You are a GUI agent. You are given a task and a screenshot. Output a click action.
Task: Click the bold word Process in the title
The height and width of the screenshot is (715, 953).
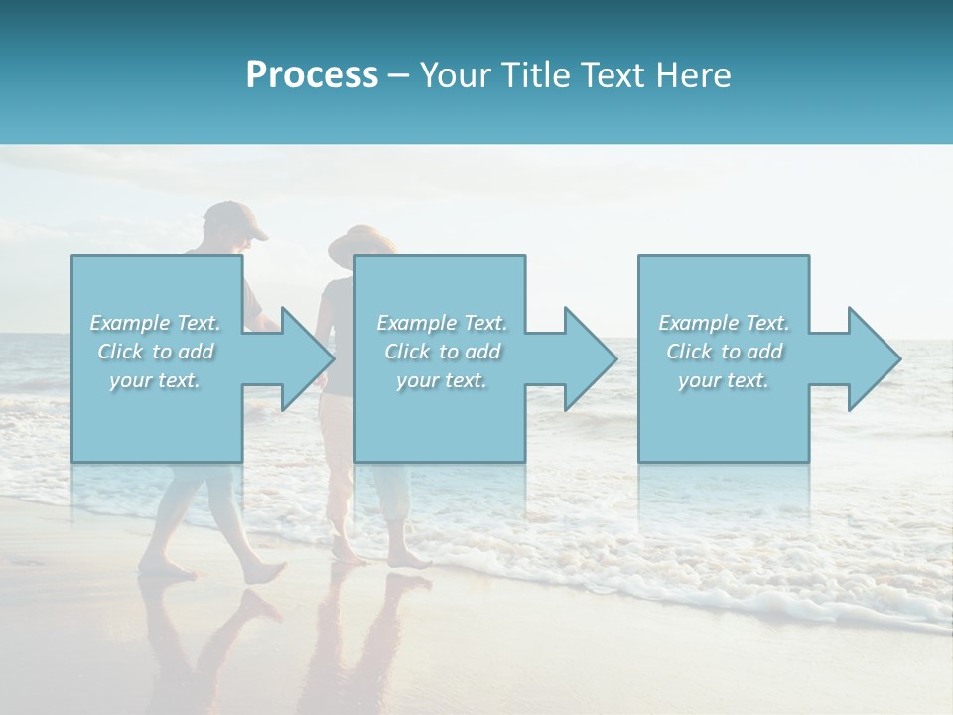tap(312, 75)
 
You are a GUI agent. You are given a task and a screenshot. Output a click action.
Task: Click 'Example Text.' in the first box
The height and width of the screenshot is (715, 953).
tap(156, 323)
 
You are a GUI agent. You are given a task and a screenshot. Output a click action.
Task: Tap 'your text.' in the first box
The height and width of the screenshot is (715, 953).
tap(156, 380)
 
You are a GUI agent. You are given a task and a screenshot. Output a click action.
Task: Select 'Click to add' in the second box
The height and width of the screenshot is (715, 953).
tap(442, 352)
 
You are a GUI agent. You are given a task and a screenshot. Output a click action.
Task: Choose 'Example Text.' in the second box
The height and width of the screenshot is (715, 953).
tap(442, 323)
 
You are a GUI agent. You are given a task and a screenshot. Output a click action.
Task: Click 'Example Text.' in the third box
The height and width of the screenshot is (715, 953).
tap(724, 323)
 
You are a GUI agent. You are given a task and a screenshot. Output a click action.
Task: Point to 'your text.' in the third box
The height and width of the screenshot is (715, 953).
tap(724, 380)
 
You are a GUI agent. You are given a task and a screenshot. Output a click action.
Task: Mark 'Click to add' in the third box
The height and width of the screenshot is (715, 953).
tap(724, 352)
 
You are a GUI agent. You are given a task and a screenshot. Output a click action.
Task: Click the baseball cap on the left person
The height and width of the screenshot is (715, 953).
tap(236, 217)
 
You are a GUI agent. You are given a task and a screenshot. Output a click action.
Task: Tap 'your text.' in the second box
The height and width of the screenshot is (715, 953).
tap(442, 380)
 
